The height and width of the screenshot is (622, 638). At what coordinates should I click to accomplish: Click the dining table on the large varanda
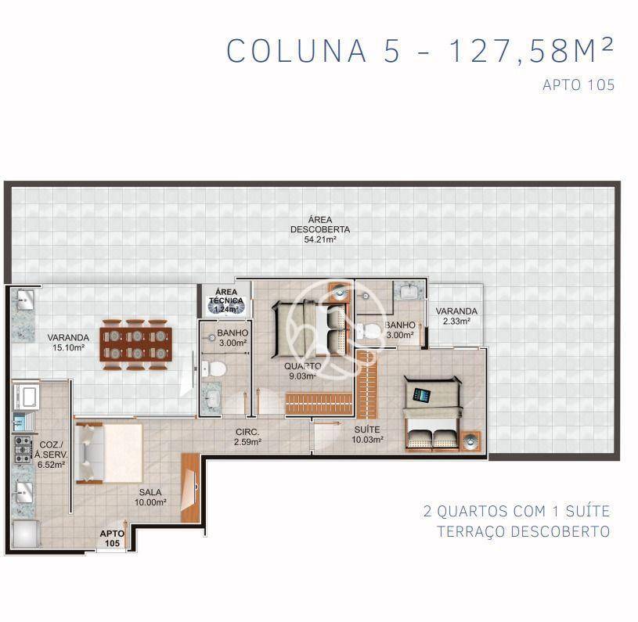[136, 343]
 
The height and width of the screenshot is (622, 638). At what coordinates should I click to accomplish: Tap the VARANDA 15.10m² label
[67, 343]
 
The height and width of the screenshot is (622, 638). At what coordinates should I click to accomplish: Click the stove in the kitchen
[22, 449]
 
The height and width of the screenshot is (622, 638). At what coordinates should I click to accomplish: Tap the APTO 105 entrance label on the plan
[112, 538]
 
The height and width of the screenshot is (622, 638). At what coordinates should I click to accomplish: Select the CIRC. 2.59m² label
[247, 437]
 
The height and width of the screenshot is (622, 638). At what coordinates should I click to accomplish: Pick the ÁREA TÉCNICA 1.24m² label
[225, 300]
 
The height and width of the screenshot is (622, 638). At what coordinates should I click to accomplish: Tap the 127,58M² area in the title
[531, 50]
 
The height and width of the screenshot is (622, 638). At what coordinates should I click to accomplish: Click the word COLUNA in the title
[297, 50]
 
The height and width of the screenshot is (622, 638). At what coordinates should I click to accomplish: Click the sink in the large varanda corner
[23, 298]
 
